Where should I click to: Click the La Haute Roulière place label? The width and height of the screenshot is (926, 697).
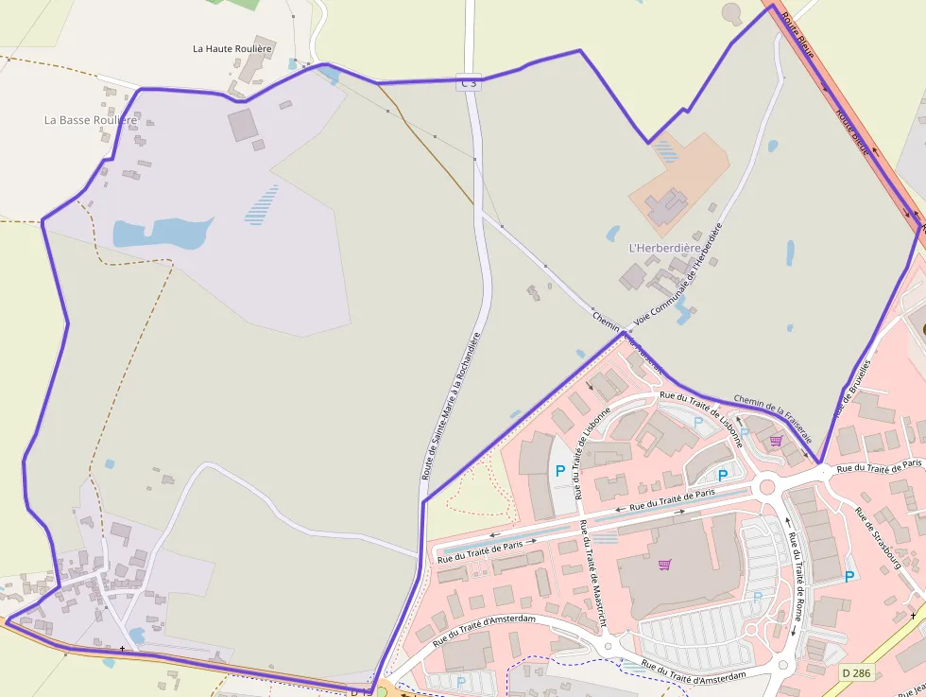pos(231,48)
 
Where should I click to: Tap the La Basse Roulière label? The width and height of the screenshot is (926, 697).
pos(91,120)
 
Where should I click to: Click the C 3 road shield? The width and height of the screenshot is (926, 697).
pos(469,84)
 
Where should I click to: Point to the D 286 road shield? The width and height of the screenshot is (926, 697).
pos(856,672)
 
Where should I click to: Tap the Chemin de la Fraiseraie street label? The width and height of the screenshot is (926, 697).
pos(772,420)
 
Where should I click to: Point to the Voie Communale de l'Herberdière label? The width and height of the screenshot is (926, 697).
pos(677,273)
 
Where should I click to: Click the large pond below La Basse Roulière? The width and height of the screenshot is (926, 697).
pos(161,232)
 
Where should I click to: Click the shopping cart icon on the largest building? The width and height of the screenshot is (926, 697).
pos(665,565)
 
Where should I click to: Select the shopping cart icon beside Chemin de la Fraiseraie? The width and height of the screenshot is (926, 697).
pos(776,440)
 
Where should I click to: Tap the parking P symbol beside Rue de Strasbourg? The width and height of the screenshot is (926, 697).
pos(849,576)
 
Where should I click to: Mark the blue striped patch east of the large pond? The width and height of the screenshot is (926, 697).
pos(262,204)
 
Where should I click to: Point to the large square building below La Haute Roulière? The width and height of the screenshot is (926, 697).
pos(242,125)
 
